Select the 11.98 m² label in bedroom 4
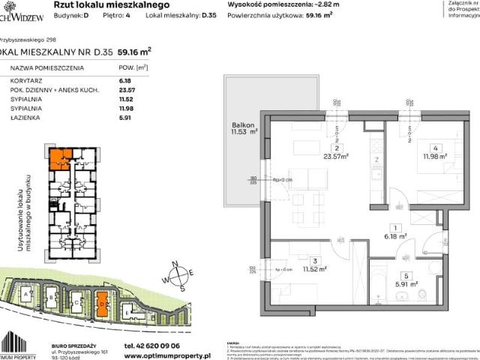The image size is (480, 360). click(435, 156)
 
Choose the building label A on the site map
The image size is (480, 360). click(29, 295)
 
